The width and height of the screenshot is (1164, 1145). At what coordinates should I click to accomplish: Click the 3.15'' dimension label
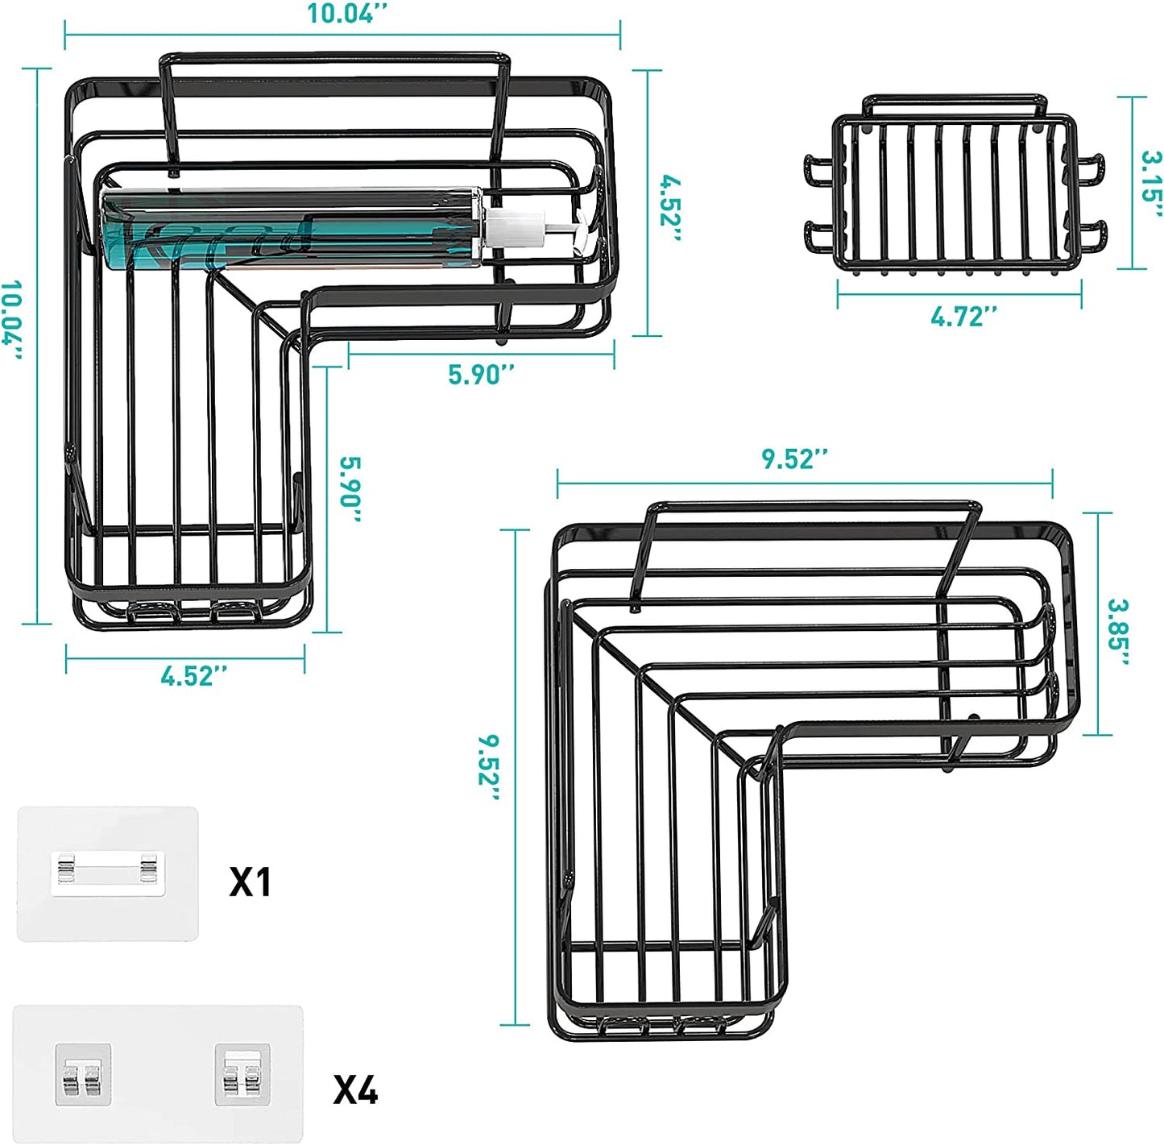click(x=1150, y=184)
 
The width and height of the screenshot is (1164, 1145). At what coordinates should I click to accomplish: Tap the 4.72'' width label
click(x=963, y=317)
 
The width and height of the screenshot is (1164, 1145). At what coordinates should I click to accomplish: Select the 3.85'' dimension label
click(x=1118, y=632)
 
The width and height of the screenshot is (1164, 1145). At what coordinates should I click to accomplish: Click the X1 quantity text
click(x=251, y=882)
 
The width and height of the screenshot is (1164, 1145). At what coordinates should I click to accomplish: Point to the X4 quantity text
click(x=355, y=1091)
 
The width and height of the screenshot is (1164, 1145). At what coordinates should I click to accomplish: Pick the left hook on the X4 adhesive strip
click(x=83, y=1075)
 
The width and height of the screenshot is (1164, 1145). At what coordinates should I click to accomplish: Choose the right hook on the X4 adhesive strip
click(x=242, y=1075)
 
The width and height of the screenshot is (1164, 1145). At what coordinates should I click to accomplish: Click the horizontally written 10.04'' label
click(x=347, y=15)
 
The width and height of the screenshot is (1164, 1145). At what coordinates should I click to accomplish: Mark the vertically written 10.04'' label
click(x=11, y=320)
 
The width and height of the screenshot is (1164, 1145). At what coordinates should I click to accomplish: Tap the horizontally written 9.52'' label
click(x=794, y=458)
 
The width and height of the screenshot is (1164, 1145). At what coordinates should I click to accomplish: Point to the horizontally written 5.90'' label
click(x=481, y=375)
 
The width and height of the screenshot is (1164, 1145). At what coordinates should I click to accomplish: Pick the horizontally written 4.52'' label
click(x=193, y=675)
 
